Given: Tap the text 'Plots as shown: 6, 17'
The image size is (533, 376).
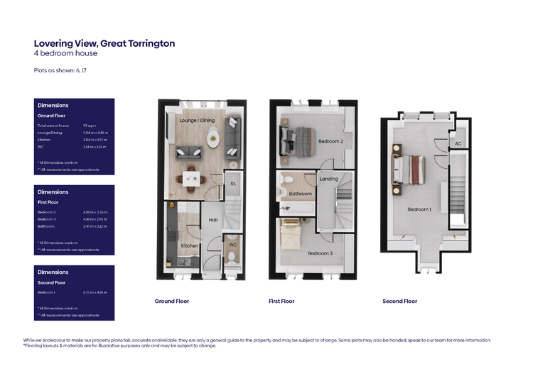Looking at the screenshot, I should [60, 70].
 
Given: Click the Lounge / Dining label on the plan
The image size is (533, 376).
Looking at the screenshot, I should [197, 121].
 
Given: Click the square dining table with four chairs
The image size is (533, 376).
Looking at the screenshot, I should [191, 177].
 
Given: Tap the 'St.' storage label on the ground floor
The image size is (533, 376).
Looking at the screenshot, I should [233, 184].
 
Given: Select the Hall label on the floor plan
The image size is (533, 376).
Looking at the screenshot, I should [212, 220].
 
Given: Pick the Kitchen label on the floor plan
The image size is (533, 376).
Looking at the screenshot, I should [189, 245].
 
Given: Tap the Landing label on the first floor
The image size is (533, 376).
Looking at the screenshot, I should [329, 179].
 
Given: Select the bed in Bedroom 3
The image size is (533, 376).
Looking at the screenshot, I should [294, 234].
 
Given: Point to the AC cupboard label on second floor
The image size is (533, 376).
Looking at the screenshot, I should [458, 143].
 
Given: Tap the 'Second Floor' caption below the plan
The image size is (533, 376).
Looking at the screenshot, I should [399, 302].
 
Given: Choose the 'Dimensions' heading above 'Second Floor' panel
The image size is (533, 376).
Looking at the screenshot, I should [53, 272].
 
